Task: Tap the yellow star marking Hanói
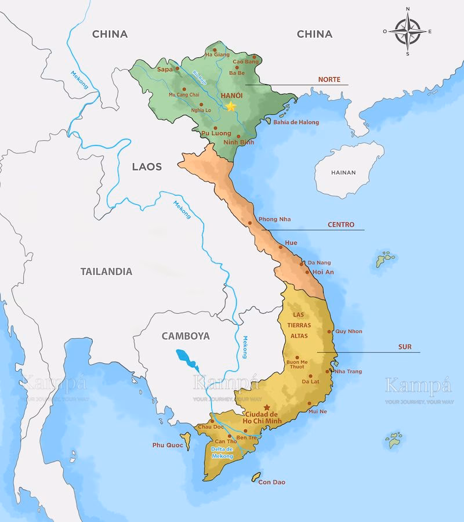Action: pyautogui.click(x=231, y=106)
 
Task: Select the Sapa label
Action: pyautogui.click(x=165, y=69)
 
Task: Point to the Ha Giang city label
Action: pyautogui.click(x=217, y=55)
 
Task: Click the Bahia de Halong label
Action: pyautogui.click(x=296, y=122)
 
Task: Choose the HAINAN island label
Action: pyautogui.click(x=343, y=172)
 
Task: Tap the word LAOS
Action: pyautogui.click(x=147, y=166)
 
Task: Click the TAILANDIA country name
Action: pyautogui.click(x=106, y=271)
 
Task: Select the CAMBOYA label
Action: pyautogui.click(x=186, y=336)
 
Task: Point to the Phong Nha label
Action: pyautogui.click(x=275, y=219)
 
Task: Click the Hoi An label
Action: pyautogui.click(x=323, y=272)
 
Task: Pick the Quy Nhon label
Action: pyautogui.click(x=349, y=332)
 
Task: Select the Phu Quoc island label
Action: pyautogui.click(x=168, y=445)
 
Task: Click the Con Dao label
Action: pyautogui.click(x=272, y=482)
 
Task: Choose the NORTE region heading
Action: pyautogui.click(x=329, y=79)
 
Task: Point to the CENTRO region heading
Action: pyautogui.click(x=340, y=224)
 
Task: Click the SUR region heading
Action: pyautogui.click(x=405, y=347)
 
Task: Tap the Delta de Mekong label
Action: pyautogui.click(x=222, y=453)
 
